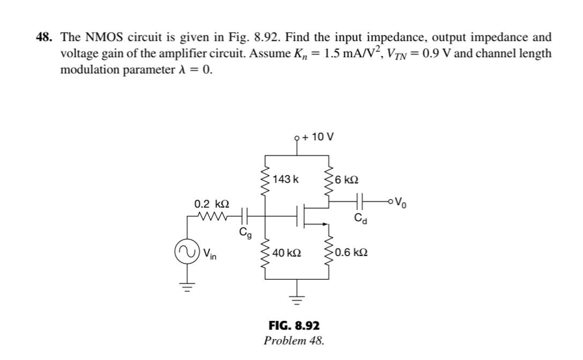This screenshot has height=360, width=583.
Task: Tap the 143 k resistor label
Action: (x=286, y=179)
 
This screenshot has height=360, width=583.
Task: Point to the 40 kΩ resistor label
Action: (x=287, y=252)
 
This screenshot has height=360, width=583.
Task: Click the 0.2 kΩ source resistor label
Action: (x=212, y=205)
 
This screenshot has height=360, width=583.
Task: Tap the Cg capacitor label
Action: (x=244, y=233)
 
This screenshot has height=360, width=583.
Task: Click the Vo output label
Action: (x=401, y=202)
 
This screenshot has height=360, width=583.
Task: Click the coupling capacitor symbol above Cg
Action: (x=245, y=217)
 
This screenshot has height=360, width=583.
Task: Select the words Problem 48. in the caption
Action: (x=294, y=340)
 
